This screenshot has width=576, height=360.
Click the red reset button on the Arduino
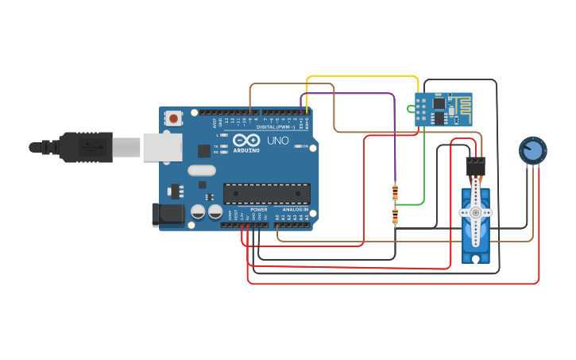(173, 118)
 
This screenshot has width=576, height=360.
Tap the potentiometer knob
(532, 150)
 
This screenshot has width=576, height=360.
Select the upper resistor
(395, 192)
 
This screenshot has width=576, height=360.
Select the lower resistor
(395, 216)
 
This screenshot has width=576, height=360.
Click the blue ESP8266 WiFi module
(443, 109)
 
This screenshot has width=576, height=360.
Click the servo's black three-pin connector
(475, 165)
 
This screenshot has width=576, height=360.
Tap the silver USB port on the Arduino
(163, 147)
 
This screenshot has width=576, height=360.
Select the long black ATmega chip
(266, 193)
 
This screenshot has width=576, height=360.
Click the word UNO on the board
(278, 141)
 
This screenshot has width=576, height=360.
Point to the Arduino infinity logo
(246, 140)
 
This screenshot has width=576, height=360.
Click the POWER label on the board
(259, 210)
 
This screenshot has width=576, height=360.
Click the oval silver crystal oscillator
(202, 169)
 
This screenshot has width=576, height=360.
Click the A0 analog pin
(277, 224)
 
